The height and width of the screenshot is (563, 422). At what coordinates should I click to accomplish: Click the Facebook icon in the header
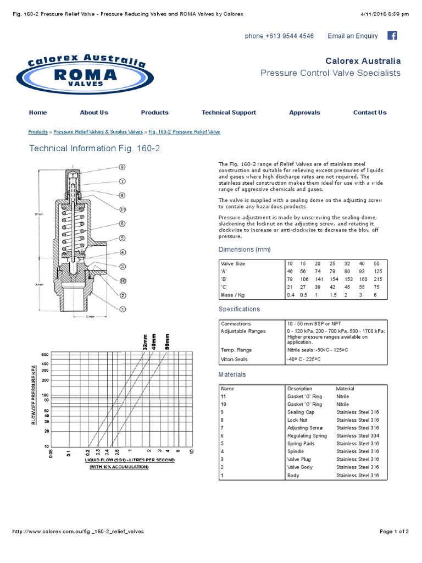click(x=392, y=36)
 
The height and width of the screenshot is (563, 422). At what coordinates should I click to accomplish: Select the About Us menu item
click(x=94, y=113)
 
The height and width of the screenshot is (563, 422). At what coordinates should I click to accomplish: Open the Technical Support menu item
click(x=229, y=113)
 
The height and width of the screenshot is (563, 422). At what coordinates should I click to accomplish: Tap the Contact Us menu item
click(x=370, y=113)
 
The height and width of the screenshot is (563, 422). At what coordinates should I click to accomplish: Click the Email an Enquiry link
click(x=353, y=36)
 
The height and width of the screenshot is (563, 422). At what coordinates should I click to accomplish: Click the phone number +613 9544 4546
click(x=280, y=36)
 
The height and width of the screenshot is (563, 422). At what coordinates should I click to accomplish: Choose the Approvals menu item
click(x=304, y=113)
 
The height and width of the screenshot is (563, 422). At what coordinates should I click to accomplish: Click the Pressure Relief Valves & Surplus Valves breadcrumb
click(x=98, y=132)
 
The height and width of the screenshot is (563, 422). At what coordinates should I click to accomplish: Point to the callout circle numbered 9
click(x=123, y=167)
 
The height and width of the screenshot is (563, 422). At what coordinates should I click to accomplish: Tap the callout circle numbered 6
click(x=123, y=224)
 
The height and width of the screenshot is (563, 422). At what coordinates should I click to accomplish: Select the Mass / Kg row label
click(x=233, y=295)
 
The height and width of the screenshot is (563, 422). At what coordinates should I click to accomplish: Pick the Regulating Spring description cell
click(x=307, y=436)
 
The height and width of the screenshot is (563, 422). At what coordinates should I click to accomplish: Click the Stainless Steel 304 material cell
click(x=358, y=436)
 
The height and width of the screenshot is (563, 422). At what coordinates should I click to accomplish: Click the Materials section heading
click(x=232, y=374)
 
